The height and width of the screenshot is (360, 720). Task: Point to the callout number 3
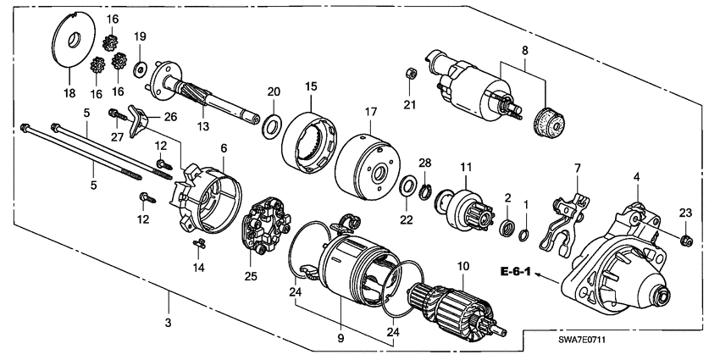point(168,324)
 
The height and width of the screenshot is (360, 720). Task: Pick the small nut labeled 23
point(687,239)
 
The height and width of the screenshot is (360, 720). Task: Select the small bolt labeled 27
point(114,114)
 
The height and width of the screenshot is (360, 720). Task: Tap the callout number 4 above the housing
point(635,176)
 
